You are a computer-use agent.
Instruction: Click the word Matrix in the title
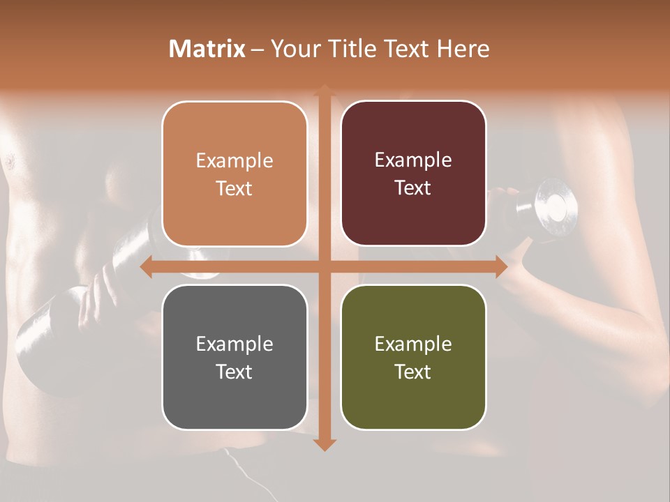pos(207,49)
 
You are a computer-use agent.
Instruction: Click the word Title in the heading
pos(351,49)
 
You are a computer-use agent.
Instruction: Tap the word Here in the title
pos(463,49)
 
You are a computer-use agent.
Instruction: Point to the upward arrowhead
pos(324,91)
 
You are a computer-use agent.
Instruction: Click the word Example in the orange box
pos(234,161)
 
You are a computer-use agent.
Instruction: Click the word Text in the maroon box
pos(413,188)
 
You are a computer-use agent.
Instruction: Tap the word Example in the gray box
pos(234,344)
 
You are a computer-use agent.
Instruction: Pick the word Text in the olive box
pos(413,372)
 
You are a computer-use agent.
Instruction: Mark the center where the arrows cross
pos(324,266)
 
